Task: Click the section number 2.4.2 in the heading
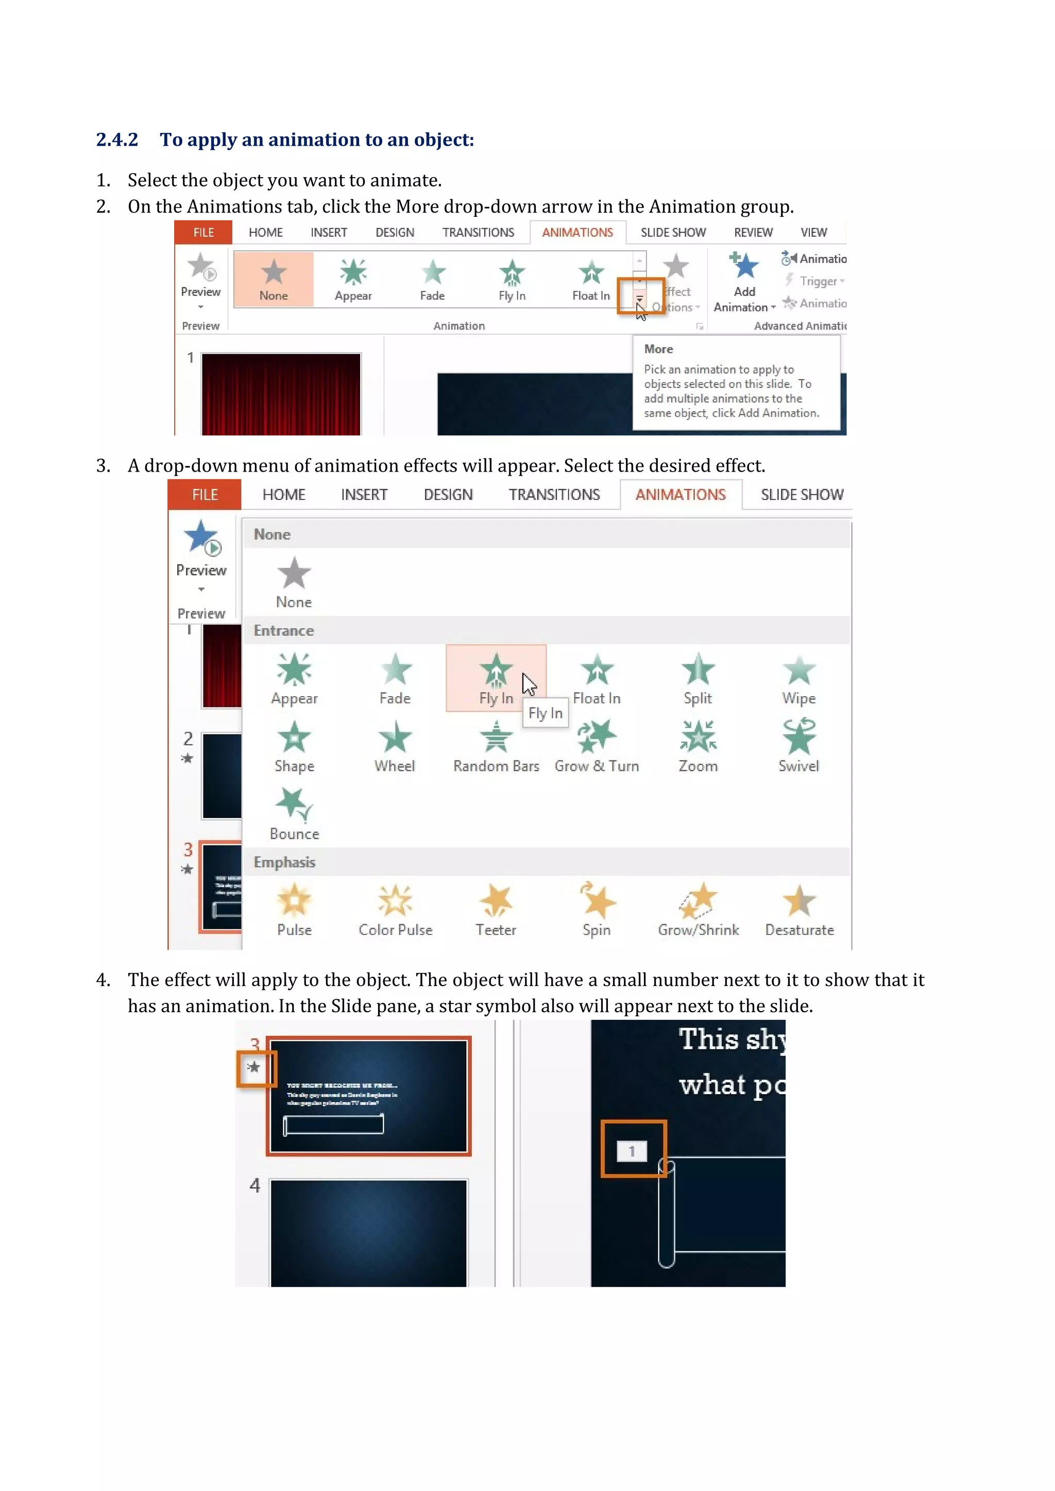coord(117,140)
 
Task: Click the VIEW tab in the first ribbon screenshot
coord(813,233)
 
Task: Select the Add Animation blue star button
coord(744,266)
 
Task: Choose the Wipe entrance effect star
coord(798,671)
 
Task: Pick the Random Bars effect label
coord(496,766)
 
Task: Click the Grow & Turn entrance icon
coord(597,736)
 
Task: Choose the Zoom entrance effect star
coord(697,736)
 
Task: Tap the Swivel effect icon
coord(798,736)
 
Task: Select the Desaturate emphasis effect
coord(799,909)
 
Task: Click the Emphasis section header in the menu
coord(284,862)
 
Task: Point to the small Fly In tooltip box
coord(545,714)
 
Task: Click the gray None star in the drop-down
coord(294,574)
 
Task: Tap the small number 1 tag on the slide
coord(632,1151)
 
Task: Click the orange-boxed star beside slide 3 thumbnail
coord(254,1067)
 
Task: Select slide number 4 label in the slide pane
coord(254,1186)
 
